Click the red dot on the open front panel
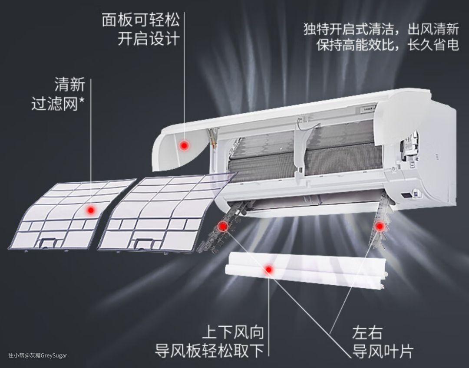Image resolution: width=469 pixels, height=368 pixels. pyautogui.click(x=184, y=145)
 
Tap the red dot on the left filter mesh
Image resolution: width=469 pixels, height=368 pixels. pyautogui.click(x=90, y=210)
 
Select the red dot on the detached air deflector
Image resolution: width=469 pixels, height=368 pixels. pyautogui.click(x=269, y=269)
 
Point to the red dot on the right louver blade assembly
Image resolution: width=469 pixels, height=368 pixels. pyautogui.click(x=379, y=226)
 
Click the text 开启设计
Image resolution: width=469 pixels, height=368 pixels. pyautogui.click(x=149, y=39)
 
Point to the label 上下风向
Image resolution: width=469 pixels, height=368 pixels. pyautogui.click(x=233, y=332)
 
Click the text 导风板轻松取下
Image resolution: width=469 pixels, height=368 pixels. pyautogui.click(x=209, y=351)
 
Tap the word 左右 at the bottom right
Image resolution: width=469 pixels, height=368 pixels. pyautogui.click(x=367, y=333)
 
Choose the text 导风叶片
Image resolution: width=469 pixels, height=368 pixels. pyautogui.click(x=383, y=351)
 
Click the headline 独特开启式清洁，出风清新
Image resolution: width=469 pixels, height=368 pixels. pyautogui.click(x=381, y=30)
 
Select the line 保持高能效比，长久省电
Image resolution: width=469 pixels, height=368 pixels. pyautogui.click(x=388, y=45)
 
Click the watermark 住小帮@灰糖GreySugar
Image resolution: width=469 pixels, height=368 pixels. pyautogui.click(x=38, y=355)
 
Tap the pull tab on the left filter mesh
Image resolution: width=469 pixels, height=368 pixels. pyautogui.click(x=48, y=243)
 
